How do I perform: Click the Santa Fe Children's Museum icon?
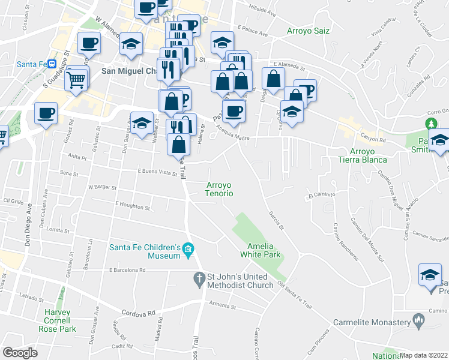point(188,249)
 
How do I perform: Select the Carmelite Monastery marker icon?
point(418,322)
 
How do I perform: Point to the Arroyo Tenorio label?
point(220,189)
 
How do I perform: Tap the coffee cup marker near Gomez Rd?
point(46,113)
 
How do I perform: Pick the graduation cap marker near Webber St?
point(142,123)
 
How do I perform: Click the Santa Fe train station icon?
point(52,64)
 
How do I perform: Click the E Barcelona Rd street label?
point(128,270)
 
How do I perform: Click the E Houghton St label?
point(131,207)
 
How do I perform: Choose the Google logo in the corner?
point(20,352)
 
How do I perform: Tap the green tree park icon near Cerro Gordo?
point(430,124)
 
